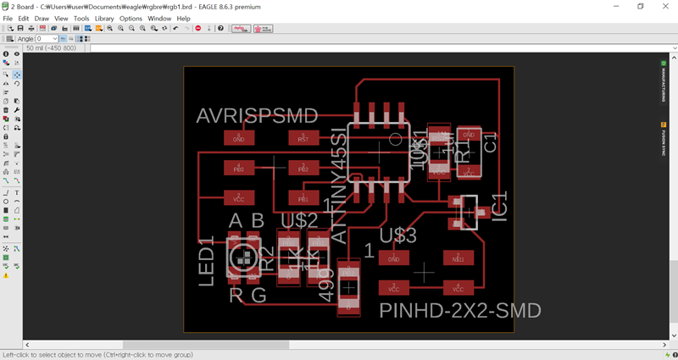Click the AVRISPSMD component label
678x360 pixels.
(257, 117)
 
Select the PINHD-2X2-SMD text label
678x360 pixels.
(459, 311)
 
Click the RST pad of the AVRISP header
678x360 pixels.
(303, 137)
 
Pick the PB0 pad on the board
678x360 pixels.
(239, 168)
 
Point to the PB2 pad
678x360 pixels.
(303, 168)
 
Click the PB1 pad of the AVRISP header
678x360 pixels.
(303, 198)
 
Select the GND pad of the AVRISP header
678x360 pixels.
(239, 137)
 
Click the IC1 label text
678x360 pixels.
(500, 208)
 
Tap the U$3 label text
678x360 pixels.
(398, 235)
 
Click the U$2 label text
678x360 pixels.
(299, 221)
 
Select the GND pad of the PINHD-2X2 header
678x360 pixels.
(393, 258)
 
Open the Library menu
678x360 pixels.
(104, 18)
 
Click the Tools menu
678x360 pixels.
(81, 18)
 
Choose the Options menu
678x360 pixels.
(131, 18)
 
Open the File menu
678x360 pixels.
(8, 18)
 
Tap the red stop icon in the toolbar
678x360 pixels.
(198, 28)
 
